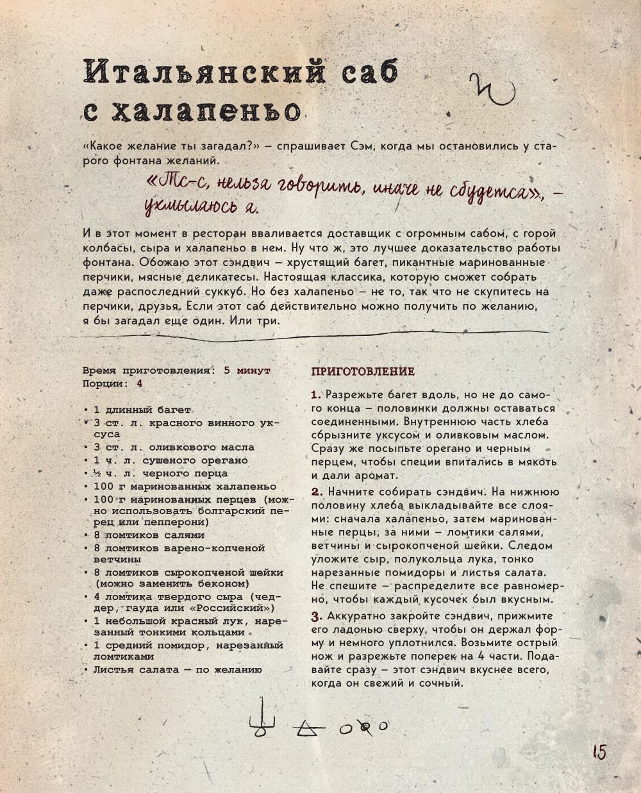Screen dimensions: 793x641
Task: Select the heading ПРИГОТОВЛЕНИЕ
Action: pyautogui.click(x=363, y=372)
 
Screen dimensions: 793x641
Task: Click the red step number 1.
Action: pyautogui.click(x=315, y=394)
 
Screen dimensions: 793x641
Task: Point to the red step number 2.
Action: pyautogui.click(x=316, y=492)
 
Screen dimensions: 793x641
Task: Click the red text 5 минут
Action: pyautogui.click(x=247, y=371)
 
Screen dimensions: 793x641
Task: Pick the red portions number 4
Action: pyautogui.click(x=139, y=383)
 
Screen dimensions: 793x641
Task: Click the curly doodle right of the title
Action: pyautogui.click(x=491, y=90)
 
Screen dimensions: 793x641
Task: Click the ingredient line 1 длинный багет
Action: pyautogui.click(x=142, y=410)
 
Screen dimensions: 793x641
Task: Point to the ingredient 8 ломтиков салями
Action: pyautogui.click(x=149, y=535)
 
